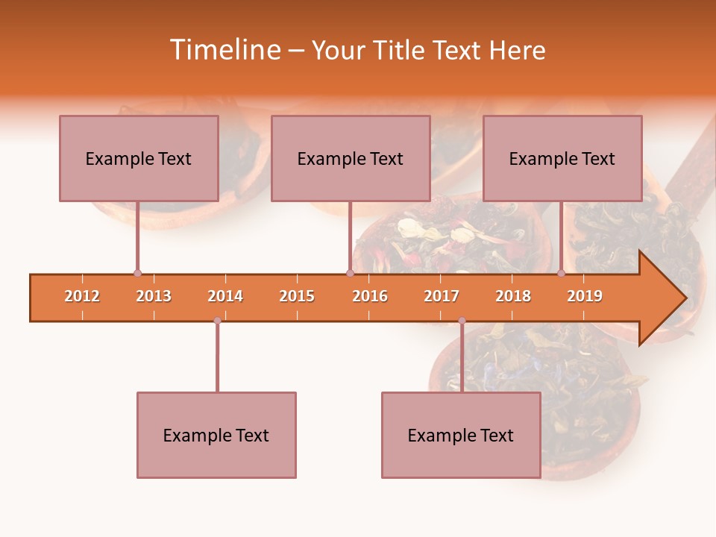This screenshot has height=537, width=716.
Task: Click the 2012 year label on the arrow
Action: (x=82, y=296)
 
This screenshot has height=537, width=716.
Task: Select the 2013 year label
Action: (x=154, y=296)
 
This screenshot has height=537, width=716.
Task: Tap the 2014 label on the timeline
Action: (x=225, y=296)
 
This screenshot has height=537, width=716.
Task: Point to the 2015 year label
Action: (x=297, y=296)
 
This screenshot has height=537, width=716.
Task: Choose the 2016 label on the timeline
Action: (x=370, y=296)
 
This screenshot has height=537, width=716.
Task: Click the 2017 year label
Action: (x=442, y=296)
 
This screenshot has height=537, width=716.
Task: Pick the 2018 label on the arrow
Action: (x=513, y=296)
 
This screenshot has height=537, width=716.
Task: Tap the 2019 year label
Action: (x=585, y=296)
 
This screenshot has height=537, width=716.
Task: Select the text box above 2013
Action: (x=139, y=158)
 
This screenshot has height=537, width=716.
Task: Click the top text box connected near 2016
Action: (x=351, y=158)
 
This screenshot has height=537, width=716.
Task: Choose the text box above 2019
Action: (x=562, y=158)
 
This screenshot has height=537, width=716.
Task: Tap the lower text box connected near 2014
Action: (x=216, y=435)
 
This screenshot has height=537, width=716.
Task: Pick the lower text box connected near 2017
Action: (x=461, y=435)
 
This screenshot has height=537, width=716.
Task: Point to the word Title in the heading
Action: (x=401, y=50)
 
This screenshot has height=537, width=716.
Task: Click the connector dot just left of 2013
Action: (x=137, y=274)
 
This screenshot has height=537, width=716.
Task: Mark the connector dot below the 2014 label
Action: (x=217, y=321)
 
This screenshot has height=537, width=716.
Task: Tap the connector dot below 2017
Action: (x=462, y=321)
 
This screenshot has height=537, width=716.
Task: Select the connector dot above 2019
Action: (x=561, y=274)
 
